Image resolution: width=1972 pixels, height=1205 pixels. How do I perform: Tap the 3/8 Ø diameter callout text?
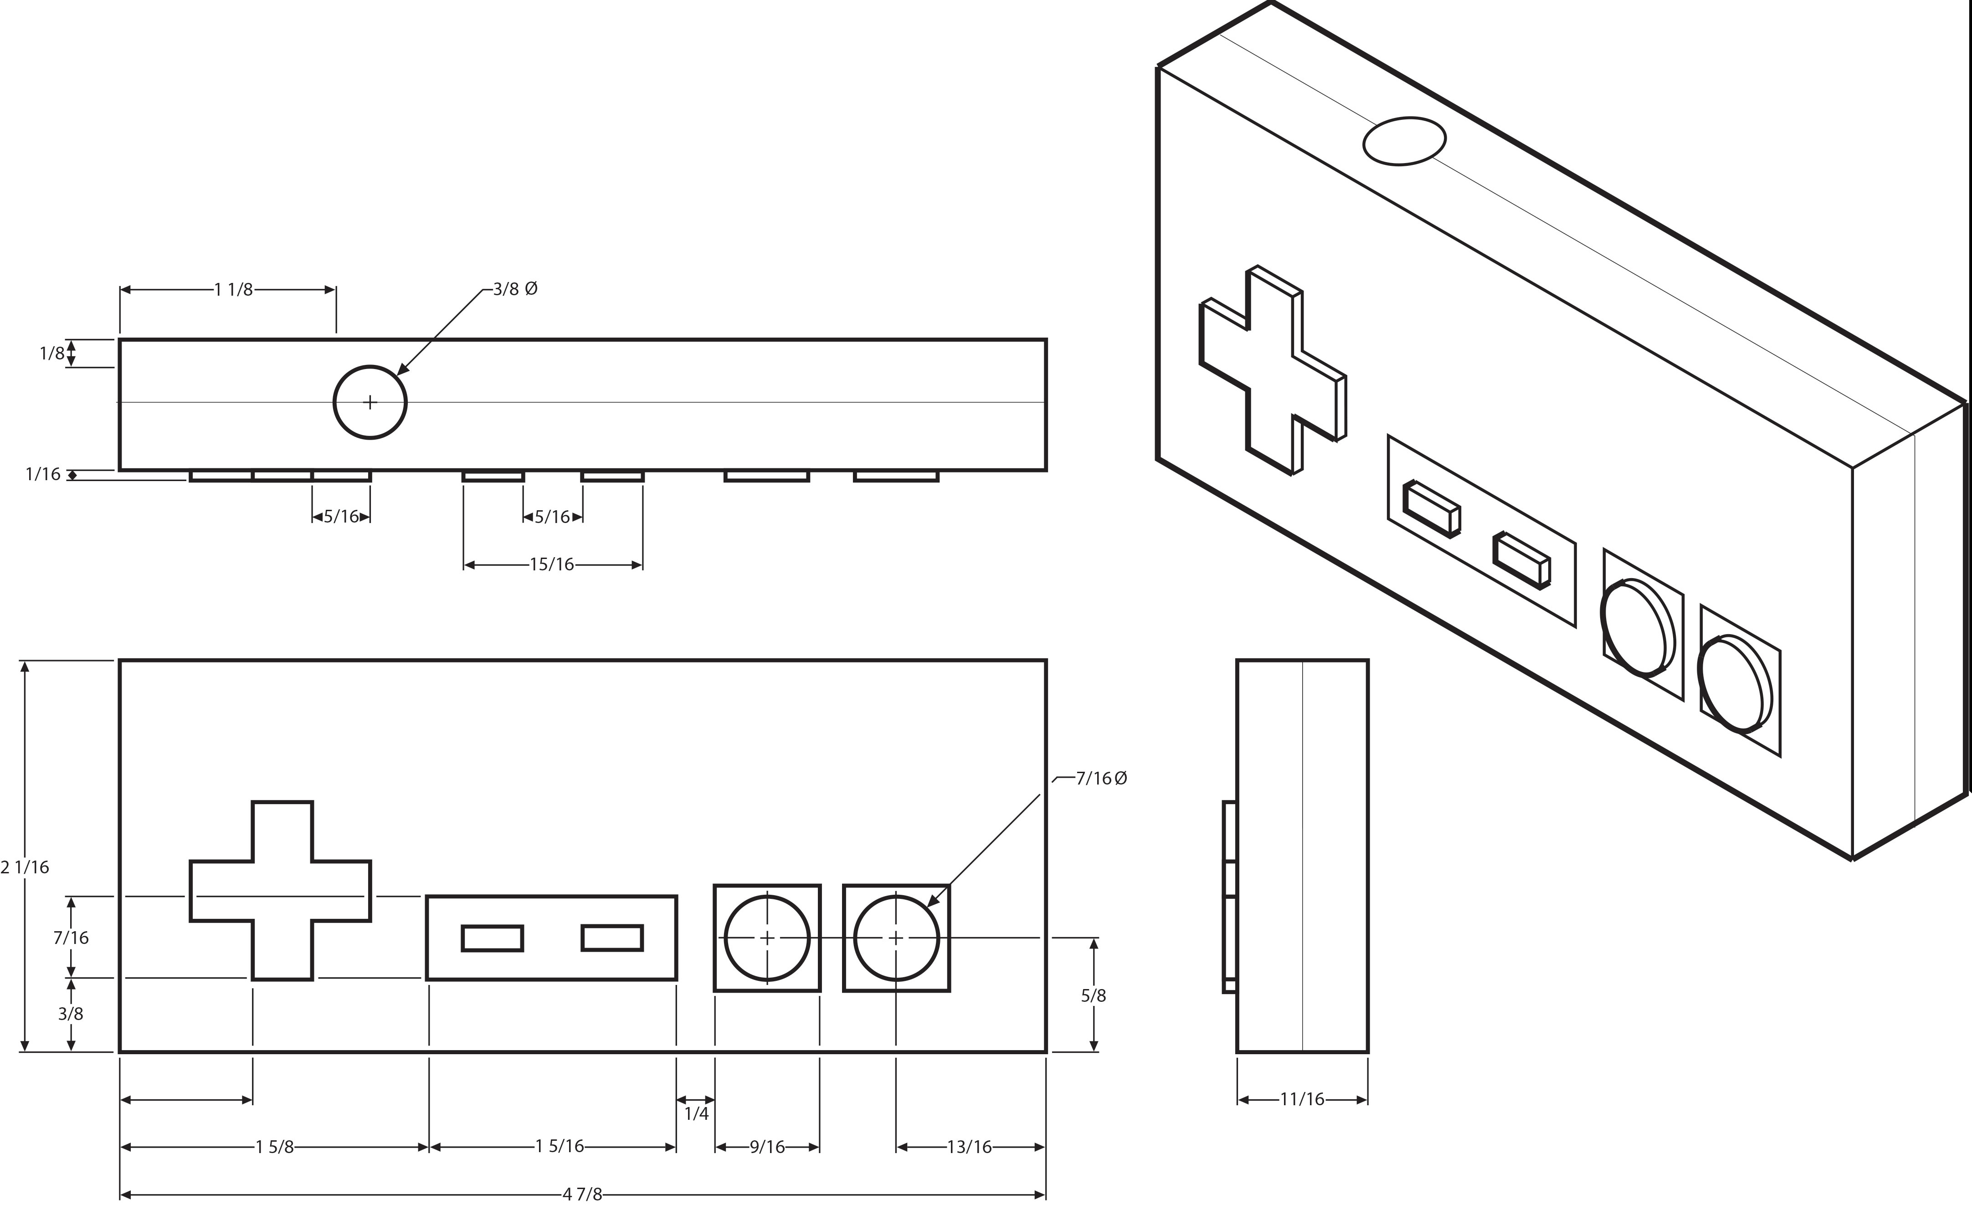(x=514, y=289)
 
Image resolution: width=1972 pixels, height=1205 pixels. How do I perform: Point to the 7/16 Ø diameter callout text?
(x=1101, y=778)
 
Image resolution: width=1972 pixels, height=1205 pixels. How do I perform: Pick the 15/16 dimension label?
(x=552, y=565)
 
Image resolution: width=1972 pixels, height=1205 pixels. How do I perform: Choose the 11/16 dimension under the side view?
(x=1302, y=1099)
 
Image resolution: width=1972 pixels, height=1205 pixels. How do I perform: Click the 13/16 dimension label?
(x=969, y=1148)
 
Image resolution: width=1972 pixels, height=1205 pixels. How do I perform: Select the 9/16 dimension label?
(x=767, y=1148)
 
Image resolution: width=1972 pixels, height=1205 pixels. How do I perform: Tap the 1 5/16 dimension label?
(x=560, y=1147)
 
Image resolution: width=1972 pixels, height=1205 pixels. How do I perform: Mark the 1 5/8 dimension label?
(x=274, y=1148)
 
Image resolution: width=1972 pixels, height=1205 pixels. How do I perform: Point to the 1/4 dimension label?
(x=696, y=1114)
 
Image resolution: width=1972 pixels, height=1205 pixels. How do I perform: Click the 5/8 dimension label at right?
(x=1093, y=995)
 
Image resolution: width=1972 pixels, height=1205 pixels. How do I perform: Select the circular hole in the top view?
(x=370, y=402)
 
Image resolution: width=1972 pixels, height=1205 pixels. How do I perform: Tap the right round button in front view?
(x=896, y=938)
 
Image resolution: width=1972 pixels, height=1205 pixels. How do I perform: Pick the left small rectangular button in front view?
(x=492, y=938)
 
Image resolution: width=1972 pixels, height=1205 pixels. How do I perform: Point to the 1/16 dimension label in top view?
(x=43, y=474)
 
